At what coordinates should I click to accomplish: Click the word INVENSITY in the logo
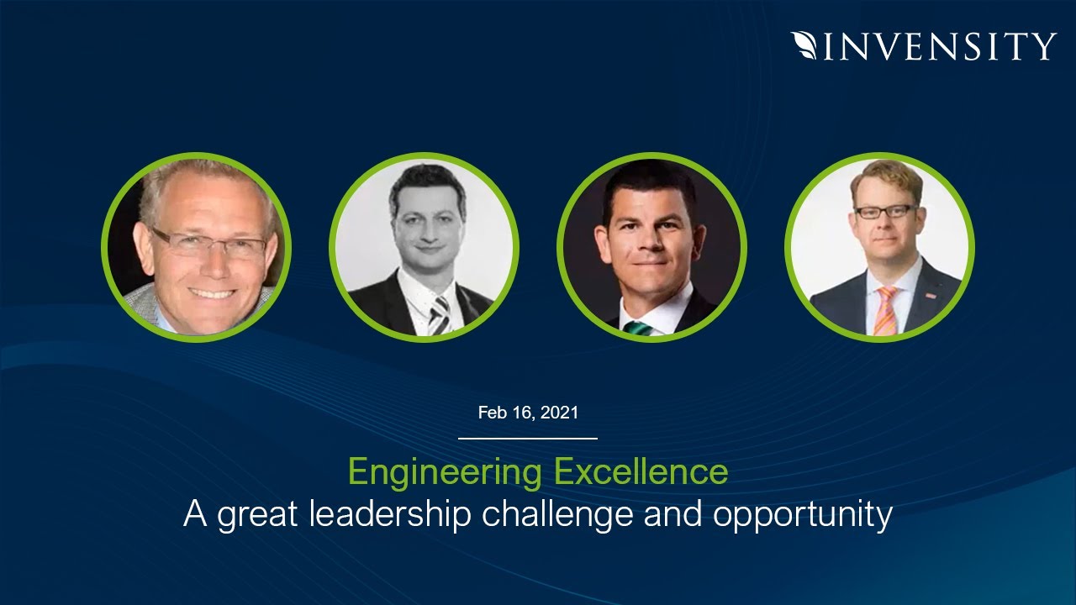[939, 45]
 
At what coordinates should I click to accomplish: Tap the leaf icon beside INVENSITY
[804, 45]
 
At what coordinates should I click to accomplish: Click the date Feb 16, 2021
[528, 413]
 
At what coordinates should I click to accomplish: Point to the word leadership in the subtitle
[389, 514]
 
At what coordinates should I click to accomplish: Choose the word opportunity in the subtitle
[802, 514]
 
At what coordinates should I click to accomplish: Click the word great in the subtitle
[259, 514]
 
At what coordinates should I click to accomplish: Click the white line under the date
[528, 438]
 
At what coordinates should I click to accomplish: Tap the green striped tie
[639, 327]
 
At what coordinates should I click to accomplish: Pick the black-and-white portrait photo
[424, 248]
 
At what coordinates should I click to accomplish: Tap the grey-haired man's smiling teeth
[211, 293]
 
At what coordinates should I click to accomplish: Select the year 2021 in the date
[560, 413]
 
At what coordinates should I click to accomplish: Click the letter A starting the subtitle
[195, 514]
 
